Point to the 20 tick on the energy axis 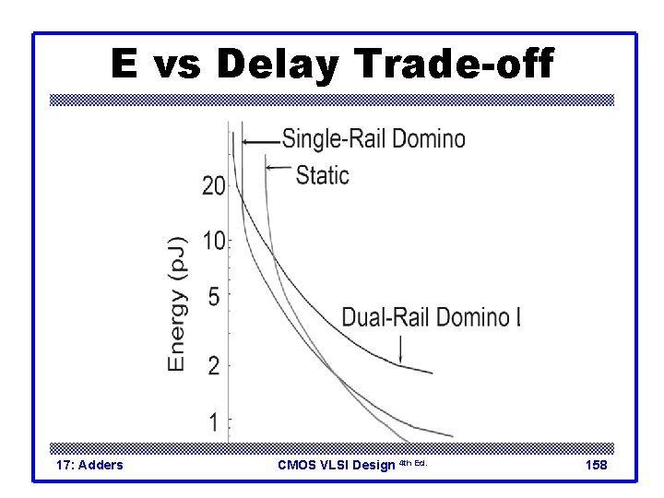(x=214, y=186)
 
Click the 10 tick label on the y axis (x=214, y=242)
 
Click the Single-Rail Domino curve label (x=373, y=139)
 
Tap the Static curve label (x=323, y=174)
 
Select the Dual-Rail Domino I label (x=432, y=317)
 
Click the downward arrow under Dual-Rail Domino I (x=401, y=348)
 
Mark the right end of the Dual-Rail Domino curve (x=431, y=373)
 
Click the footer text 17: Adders (x=89, y=465)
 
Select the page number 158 (x=597, y=465)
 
